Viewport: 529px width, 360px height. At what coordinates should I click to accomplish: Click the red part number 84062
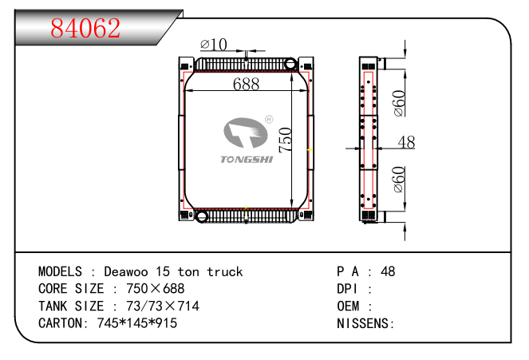tap(85, 28)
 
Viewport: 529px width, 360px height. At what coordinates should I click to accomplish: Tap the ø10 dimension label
tap(214, 44)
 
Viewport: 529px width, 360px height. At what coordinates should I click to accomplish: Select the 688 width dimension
tap(246, 84)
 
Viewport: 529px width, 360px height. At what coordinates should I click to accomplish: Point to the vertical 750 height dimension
tap(286, 140)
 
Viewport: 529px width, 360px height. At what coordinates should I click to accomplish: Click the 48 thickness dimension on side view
tap(406, 142)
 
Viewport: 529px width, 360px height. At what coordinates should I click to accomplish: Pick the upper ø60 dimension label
tap(399, 103)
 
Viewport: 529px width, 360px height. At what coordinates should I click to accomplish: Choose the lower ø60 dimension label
tap(399, 179)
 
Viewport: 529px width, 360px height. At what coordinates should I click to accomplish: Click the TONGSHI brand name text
tap(247, 160)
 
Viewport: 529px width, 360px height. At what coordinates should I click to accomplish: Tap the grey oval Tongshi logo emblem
tap(246, 133)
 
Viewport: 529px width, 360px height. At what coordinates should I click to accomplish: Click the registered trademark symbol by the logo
tap(269, 120)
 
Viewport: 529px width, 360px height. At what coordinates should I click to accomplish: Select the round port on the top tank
tap(290, 63)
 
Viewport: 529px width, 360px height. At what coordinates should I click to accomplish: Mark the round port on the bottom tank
tap(202, 216)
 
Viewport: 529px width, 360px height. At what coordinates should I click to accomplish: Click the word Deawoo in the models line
tap(126, 271)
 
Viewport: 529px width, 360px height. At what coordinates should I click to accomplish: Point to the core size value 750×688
tap(156, 289)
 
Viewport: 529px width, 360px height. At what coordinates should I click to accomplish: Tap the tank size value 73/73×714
tap(163, 306)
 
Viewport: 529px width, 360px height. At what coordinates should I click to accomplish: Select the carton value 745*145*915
tap(137, 323)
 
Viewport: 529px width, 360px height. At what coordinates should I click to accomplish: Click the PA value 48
tap(388, 271)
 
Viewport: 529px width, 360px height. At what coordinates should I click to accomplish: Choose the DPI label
tap(347, 289)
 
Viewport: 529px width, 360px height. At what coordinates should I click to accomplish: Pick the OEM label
tap(348, 307)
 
